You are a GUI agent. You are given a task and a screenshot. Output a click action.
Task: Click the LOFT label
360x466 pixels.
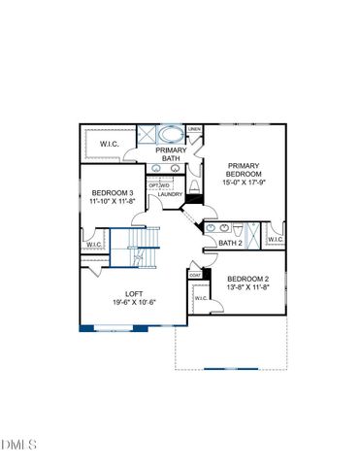point(135,293)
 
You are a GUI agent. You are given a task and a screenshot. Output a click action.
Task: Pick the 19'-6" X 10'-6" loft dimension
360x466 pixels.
point(135,302)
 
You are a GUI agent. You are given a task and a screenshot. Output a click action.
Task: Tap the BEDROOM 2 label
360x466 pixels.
point(248,280)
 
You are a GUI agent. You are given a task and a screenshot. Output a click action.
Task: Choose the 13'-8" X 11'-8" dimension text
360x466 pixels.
point(248,288)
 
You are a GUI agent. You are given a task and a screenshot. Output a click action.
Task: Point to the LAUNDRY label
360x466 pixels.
point(171,194)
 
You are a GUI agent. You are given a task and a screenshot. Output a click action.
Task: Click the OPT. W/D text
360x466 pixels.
point(159,184)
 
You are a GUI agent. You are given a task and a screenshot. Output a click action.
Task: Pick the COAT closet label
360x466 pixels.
point(194,275)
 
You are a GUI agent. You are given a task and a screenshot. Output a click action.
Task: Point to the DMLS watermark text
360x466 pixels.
point(19,446)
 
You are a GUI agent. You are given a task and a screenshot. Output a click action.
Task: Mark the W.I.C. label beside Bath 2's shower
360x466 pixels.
point(275,239)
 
